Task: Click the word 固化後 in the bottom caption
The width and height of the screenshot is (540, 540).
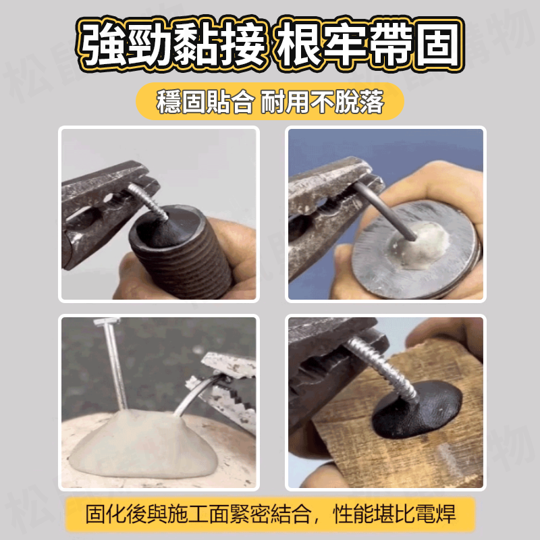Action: (x=115, y=514)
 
